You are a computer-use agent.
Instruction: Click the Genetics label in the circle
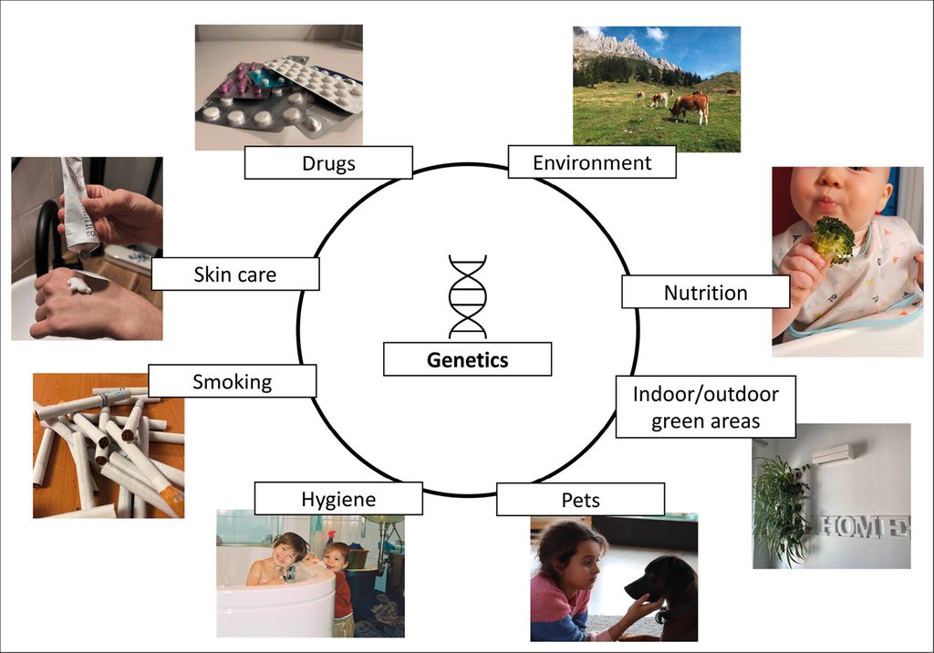[x=468, y=359]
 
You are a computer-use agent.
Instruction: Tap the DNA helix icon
[x=468, y=296]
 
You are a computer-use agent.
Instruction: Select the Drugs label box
[x=328, y=162]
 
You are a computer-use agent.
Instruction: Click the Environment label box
[x=592, y=162]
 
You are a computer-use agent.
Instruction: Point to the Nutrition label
[x=706, y=292]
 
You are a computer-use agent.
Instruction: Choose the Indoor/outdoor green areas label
[x=706, y=407]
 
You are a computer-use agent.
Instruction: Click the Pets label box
[x=581, y=499]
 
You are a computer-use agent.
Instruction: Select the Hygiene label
[x=338, y=499]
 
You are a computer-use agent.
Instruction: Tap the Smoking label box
[x=233, y=381]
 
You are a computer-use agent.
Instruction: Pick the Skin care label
[x=235, y=275]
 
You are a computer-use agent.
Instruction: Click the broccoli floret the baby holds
[x=833, y=238]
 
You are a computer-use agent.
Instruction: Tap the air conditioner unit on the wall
[x=837, y=454]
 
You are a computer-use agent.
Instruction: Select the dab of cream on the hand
[x=78, y=285]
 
